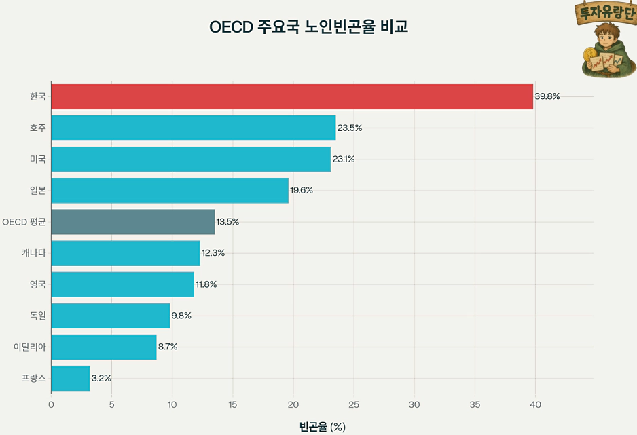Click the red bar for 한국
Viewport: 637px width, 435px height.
[292, 96]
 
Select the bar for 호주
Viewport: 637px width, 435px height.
[194, 128]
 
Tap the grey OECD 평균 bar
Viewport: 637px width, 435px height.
[133, 222]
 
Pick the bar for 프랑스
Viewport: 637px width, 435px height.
[71, 378]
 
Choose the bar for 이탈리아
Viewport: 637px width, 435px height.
[104, 347]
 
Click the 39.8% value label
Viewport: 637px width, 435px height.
[547, 96]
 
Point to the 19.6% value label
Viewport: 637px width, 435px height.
[302, 191]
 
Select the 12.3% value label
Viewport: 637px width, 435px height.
[213, 253]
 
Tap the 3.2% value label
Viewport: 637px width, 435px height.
[101, 378]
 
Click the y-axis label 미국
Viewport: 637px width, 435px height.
[38, 159]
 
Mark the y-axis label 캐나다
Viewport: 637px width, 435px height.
[34, 253]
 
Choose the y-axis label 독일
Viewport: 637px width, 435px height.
[38, 316]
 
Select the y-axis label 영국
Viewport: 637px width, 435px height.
[38, 284]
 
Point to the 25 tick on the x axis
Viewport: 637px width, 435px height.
[354, 405]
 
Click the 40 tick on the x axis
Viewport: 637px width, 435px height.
[535, 405]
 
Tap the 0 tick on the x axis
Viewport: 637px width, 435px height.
[52, 405]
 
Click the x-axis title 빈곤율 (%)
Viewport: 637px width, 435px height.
[323, 427]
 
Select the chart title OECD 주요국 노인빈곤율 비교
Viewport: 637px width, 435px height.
[309, 27]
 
